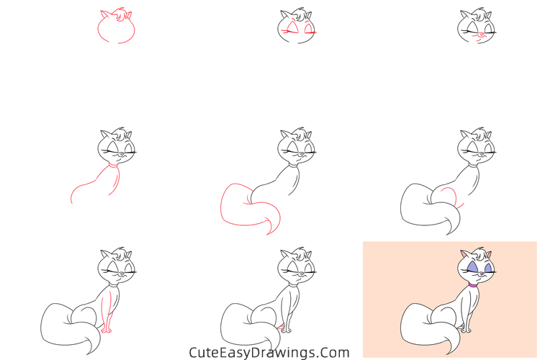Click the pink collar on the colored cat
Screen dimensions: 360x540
473,284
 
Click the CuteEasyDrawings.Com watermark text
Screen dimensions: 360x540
269,353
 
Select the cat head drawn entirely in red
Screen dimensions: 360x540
116,28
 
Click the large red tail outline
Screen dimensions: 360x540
245,209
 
